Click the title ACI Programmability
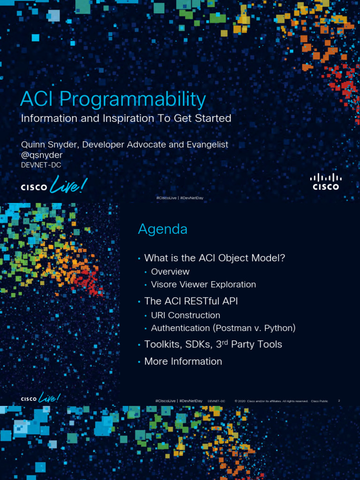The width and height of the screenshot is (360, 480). coord(113,99)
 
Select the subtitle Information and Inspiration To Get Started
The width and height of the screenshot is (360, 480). coord(126,118)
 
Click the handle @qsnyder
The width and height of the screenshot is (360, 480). coord(42,155)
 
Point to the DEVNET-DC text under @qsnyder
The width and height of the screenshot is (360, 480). coord(41,165)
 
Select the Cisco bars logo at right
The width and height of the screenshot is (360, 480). coord(326,181)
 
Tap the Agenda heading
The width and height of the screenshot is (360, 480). coord(163,229)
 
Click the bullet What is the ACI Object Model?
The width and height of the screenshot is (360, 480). coord(215,258)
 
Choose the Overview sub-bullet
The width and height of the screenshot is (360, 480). coord(170,272)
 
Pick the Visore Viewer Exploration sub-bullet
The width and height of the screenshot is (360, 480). coord(203,285)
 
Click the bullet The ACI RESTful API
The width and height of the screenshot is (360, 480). coord(191,301)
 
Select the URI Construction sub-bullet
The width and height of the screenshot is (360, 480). coord(186,315)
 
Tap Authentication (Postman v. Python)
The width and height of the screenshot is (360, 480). coord(223,328)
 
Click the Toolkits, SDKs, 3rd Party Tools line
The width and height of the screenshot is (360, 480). coord(213,345)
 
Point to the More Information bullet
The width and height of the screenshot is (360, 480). coord(183,361)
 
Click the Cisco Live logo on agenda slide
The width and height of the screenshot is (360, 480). coord(41,399)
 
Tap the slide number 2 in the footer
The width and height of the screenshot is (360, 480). coord(339,401)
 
